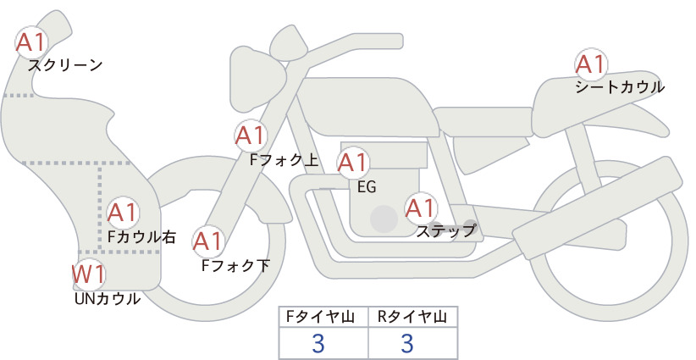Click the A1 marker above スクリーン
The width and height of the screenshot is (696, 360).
[31, 42]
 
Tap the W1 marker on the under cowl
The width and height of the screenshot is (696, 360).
[88, 274]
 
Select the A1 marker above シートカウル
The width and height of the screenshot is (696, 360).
[591, 64]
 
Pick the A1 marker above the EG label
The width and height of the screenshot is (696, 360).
[353, 163]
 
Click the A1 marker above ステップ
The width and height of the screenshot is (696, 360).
[421, 208]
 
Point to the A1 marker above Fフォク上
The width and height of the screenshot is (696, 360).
[251, 136]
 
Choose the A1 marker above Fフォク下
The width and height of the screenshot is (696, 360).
[208, 241]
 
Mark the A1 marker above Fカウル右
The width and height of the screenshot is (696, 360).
[123, 213]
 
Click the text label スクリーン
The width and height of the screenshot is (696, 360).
[65, 66]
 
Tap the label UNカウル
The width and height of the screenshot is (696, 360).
[108, 299]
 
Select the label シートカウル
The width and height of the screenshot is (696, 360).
[620, 87]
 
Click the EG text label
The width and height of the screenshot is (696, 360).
[367, 187]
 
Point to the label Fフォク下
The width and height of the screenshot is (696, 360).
[235, 265]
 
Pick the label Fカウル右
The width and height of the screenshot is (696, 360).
[142, 237]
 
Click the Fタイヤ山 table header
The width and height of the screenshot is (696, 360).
[320, 317]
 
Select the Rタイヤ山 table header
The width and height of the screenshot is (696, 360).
[412, 317]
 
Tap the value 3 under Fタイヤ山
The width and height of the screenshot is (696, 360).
[318, 344]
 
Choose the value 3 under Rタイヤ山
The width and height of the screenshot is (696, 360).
[407, 344]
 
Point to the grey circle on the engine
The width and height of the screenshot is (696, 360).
[384, 219]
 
